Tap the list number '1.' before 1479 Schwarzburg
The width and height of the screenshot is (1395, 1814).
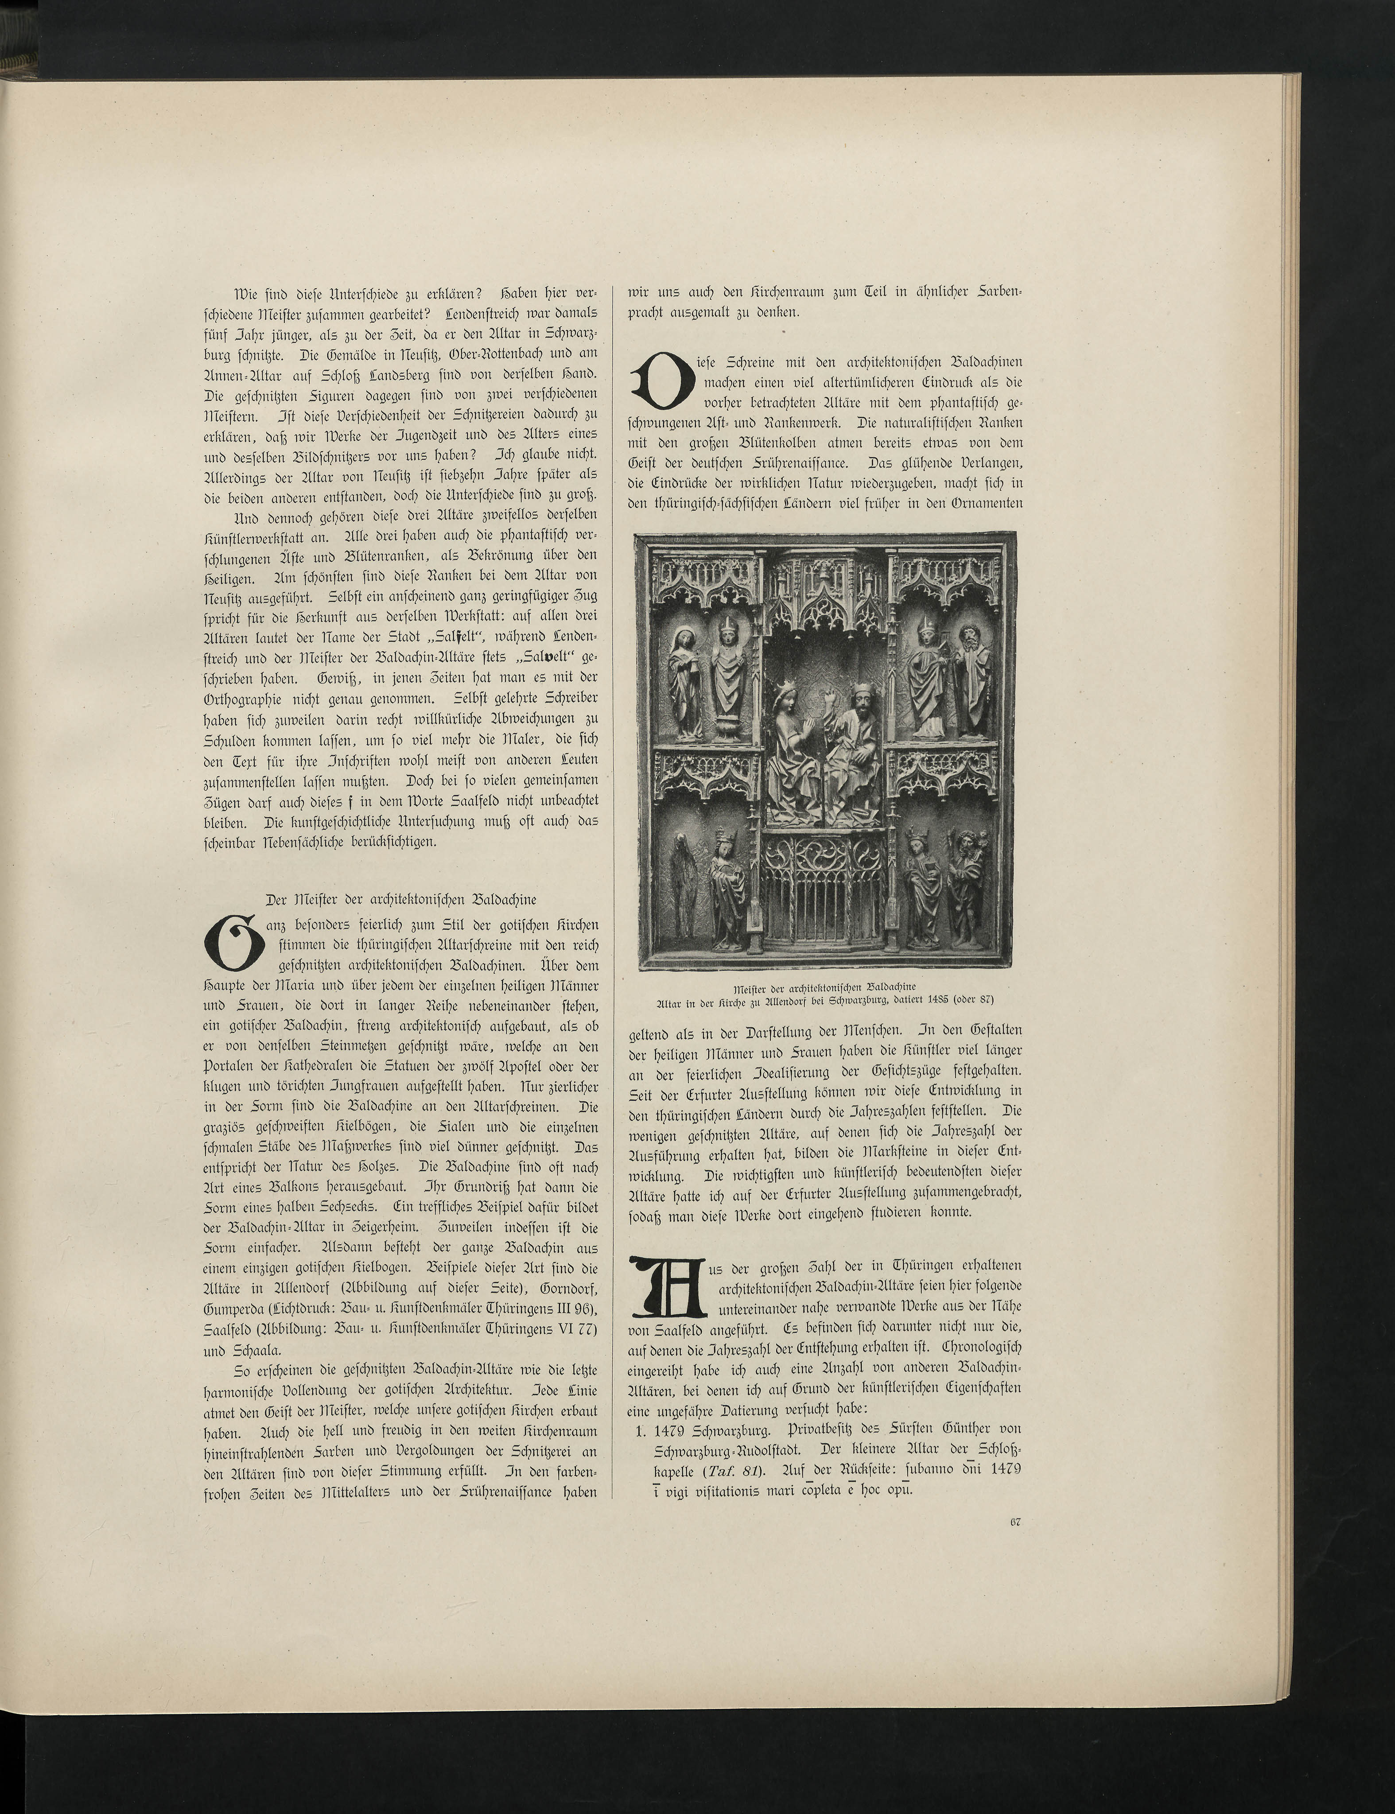tap(638, 1429)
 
